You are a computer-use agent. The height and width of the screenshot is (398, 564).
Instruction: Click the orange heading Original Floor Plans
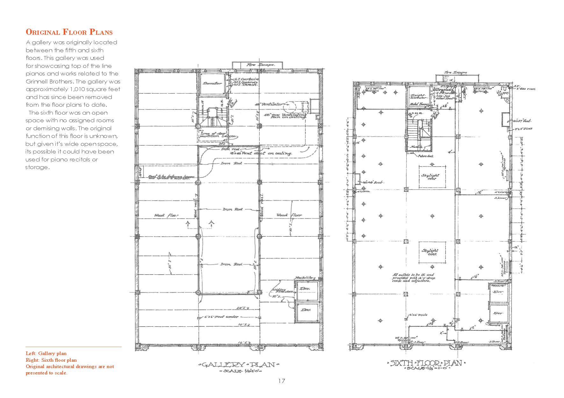click(x=69, y=32)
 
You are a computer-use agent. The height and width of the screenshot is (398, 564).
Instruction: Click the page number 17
click(x=282, y=381)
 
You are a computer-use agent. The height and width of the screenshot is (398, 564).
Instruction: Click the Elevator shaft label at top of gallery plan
click(x=212, y=83)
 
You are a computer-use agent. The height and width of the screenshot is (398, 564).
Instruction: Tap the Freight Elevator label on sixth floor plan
click(x=417, y=97)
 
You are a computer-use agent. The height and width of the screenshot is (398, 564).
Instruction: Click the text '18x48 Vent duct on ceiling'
click(x=261, y=153)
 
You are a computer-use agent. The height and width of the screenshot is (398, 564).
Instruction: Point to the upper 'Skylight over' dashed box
click(x=432, y=177)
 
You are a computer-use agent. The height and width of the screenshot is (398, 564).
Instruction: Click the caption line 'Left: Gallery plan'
click(x=46, y=353)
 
